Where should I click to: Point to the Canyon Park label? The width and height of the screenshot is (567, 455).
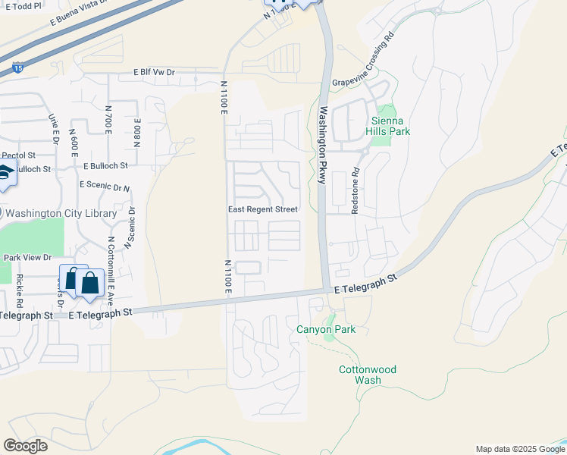(325, 329)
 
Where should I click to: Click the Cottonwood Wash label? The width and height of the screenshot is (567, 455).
(367, 375)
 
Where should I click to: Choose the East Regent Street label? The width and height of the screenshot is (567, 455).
(263, 209)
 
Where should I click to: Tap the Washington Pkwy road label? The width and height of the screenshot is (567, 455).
(323, 144)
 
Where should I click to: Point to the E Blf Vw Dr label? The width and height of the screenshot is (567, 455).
(154, 73)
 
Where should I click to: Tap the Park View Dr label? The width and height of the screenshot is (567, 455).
(27, 258)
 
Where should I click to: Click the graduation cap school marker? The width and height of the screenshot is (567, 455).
(6, 174)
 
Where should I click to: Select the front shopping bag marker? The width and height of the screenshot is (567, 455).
(89, 284)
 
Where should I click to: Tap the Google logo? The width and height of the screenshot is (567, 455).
(25, 446)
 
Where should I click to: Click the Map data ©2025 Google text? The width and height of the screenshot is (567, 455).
(520, 449)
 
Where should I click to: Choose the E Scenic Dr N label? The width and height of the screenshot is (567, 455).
(105, 186)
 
